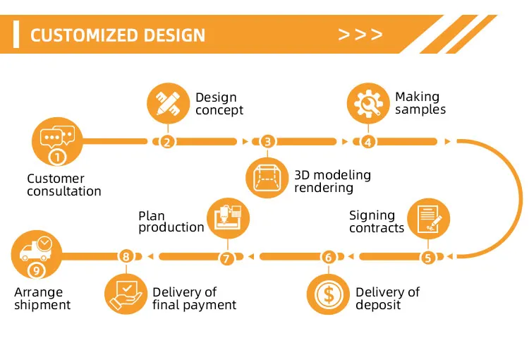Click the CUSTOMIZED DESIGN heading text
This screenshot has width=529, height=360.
(118, 35)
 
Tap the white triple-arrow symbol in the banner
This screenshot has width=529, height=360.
(360, 35)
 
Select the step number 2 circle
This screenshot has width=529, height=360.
(167, 141)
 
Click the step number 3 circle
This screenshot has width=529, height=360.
(267, 141)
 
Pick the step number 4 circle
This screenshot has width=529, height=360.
(367, 141)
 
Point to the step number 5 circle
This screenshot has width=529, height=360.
(427, 258)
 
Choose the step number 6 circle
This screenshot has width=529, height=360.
(327, 258)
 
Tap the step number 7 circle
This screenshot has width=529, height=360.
(226, 258)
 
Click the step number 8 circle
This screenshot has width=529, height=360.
(126, 256)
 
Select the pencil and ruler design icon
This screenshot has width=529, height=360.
(168, 104)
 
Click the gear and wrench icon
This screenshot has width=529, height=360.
(367, 104)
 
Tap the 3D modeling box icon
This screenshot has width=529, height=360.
(267, 176)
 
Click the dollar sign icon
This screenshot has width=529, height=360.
(328, 294)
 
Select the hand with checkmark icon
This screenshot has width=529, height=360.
(126, 292)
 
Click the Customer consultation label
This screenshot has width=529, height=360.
(63, 185)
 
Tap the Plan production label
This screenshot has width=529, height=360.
(171, 222)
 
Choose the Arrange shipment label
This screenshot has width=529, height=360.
(42, 299)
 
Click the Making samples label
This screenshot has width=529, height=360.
(420, 103)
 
